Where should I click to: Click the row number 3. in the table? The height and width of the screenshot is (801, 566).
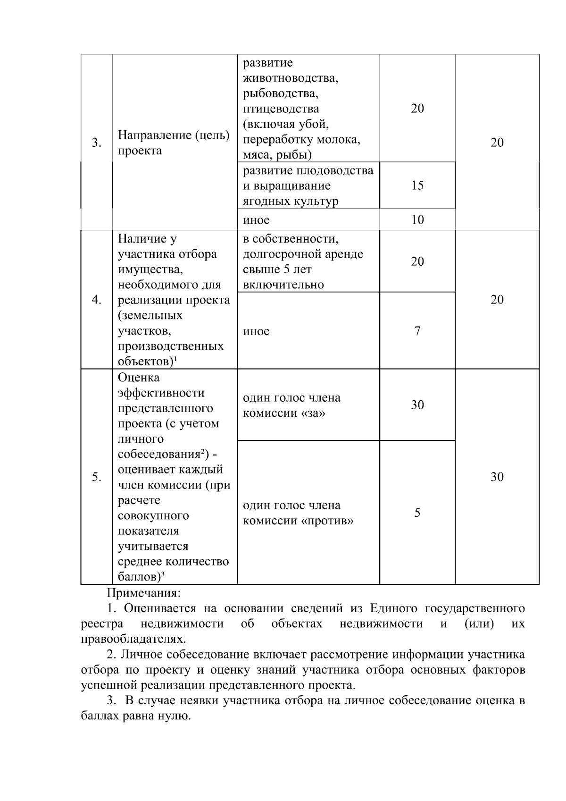pos(97,143)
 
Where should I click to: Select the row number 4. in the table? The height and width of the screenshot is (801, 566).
pos(97,300)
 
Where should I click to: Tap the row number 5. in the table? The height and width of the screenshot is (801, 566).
pos(97,477)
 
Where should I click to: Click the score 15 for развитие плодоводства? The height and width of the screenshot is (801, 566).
pos(417,185)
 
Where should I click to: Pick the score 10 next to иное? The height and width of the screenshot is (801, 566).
pos(417,219)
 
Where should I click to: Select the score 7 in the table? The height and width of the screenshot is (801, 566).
pos(417,331)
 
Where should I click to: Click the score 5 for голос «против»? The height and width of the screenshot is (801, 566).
pos(417,513)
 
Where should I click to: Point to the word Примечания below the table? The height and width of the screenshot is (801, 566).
pos(144,592)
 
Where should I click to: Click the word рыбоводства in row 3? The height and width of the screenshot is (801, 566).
pos(281,93)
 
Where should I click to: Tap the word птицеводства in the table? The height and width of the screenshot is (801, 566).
pos(281,109)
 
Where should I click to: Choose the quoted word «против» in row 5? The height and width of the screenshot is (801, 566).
pos(327,521)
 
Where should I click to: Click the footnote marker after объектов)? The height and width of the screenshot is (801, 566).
pos(175,360)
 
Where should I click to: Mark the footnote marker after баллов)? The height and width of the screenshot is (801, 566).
pos(163,574)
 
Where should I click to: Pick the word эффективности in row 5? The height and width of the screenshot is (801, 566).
pos(161,393)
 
